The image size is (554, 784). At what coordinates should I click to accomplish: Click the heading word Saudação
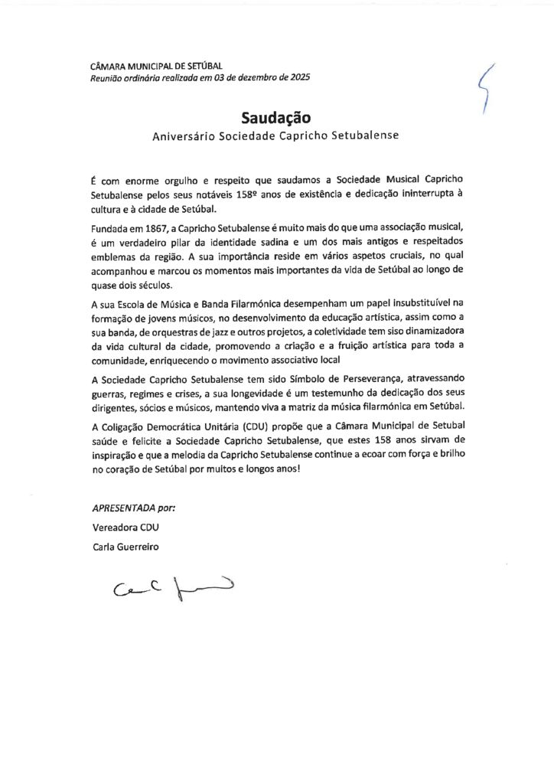click(276, 118)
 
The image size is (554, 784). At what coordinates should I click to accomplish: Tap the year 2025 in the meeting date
click(298, 77)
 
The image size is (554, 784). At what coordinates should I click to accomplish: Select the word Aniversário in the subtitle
click(184, 136)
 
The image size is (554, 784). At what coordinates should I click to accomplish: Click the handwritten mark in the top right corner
click(483, 87)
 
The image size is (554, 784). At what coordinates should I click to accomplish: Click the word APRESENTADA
click(122, 508)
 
